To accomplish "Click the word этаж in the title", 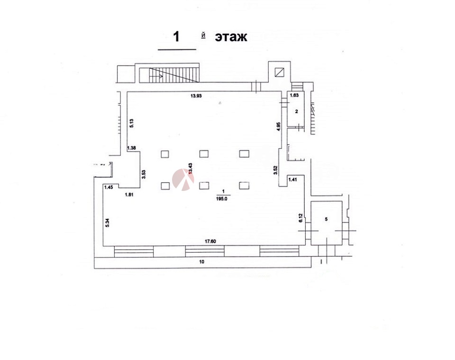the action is [231, 37].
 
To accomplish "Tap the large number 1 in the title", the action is [176, 37].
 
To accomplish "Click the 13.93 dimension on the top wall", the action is [196, 96].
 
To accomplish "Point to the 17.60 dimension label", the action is [210, 242].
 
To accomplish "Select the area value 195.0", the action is [223, 199].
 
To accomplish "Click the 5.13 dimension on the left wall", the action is [131, 123].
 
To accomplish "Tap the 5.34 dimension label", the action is [108, 222].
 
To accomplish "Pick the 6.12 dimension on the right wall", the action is [300, 218].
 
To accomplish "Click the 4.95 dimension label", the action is [278, 127].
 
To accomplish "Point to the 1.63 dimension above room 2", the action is [294, 95].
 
